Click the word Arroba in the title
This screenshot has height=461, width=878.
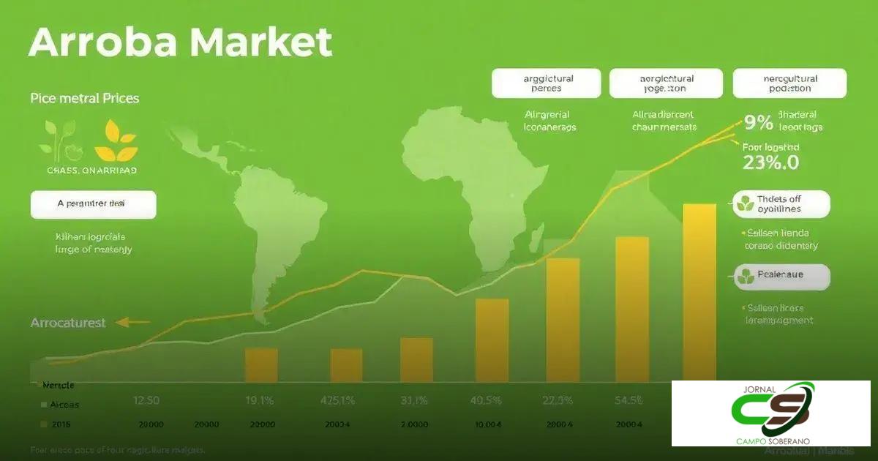[102, 44]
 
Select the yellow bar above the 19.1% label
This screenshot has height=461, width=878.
[261, 364]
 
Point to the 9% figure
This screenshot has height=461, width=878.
[758, 122]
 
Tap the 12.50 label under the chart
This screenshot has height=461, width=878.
[147, 400]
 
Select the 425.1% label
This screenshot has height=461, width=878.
[338, 400]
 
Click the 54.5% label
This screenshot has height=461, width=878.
[629, 400]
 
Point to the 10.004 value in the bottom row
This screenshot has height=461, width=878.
[488, 424]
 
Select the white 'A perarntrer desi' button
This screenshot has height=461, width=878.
[93, 204]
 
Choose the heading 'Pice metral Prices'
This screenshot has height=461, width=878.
[85, 98]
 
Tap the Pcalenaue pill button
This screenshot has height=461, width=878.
[781, 276]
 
